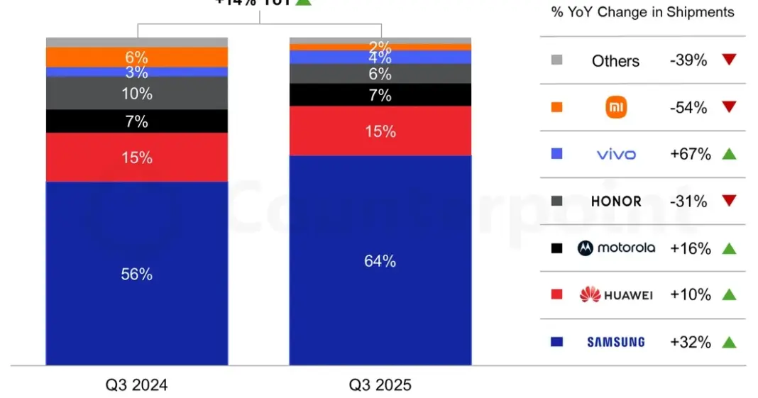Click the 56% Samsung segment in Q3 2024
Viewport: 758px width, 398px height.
[137, 274]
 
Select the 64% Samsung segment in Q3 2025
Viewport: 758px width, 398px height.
[380, 261]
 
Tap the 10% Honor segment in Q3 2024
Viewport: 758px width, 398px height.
[137, 93]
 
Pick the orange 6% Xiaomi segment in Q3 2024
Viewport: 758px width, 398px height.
[137, 57]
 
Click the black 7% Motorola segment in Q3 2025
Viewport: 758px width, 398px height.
[380, 94]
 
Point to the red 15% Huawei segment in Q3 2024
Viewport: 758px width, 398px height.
[137, 157]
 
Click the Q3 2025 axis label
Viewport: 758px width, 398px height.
[380, 385]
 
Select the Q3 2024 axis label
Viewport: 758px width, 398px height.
[137, 385]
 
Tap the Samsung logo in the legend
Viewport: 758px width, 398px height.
[615, 342]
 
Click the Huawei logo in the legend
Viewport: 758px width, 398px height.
[615, 295]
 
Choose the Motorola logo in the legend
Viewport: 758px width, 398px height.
[615, 248]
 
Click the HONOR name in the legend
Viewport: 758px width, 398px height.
[615, 201]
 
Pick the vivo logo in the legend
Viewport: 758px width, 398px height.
[615, 154]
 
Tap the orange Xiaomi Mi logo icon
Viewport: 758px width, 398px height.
[615, 107]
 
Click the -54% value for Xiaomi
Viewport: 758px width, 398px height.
[688, 107]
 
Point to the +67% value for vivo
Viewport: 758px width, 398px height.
[690, 154]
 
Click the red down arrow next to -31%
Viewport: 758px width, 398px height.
[728, 201]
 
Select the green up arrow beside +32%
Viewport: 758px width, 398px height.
[728, 342]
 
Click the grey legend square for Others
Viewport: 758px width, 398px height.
[556, 60]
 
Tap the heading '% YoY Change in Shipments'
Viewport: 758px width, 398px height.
[642, 12]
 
